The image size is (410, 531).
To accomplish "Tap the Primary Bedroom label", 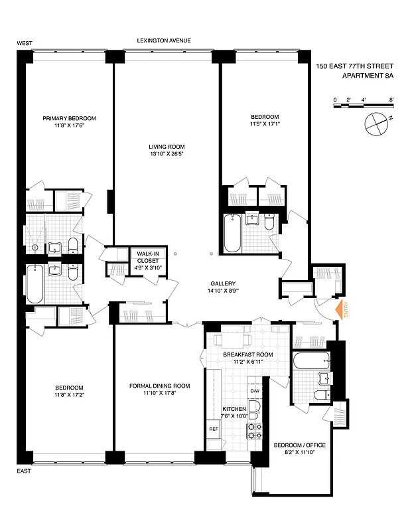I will click(70, 118).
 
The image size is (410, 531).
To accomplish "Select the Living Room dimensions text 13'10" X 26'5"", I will click(167, 155).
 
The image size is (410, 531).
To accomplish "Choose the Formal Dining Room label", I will click(159, 386).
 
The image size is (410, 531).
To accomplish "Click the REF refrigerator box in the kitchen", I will click(214, 429).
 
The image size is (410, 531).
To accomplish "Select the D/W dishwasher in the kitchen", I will click(255, 391).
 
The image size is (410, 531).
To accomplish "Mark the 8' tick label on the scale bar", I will click(392, 100).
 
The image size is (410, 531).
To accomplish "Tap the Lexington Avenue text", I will click(164, 40).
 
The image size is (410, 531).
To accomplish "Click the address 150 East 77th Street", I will click(354, 66).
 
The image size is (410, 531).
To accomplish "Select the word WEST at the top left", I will click(25, 43).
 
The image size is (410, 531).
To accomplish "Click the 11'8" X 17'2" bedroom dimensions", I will click(70, 394).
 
